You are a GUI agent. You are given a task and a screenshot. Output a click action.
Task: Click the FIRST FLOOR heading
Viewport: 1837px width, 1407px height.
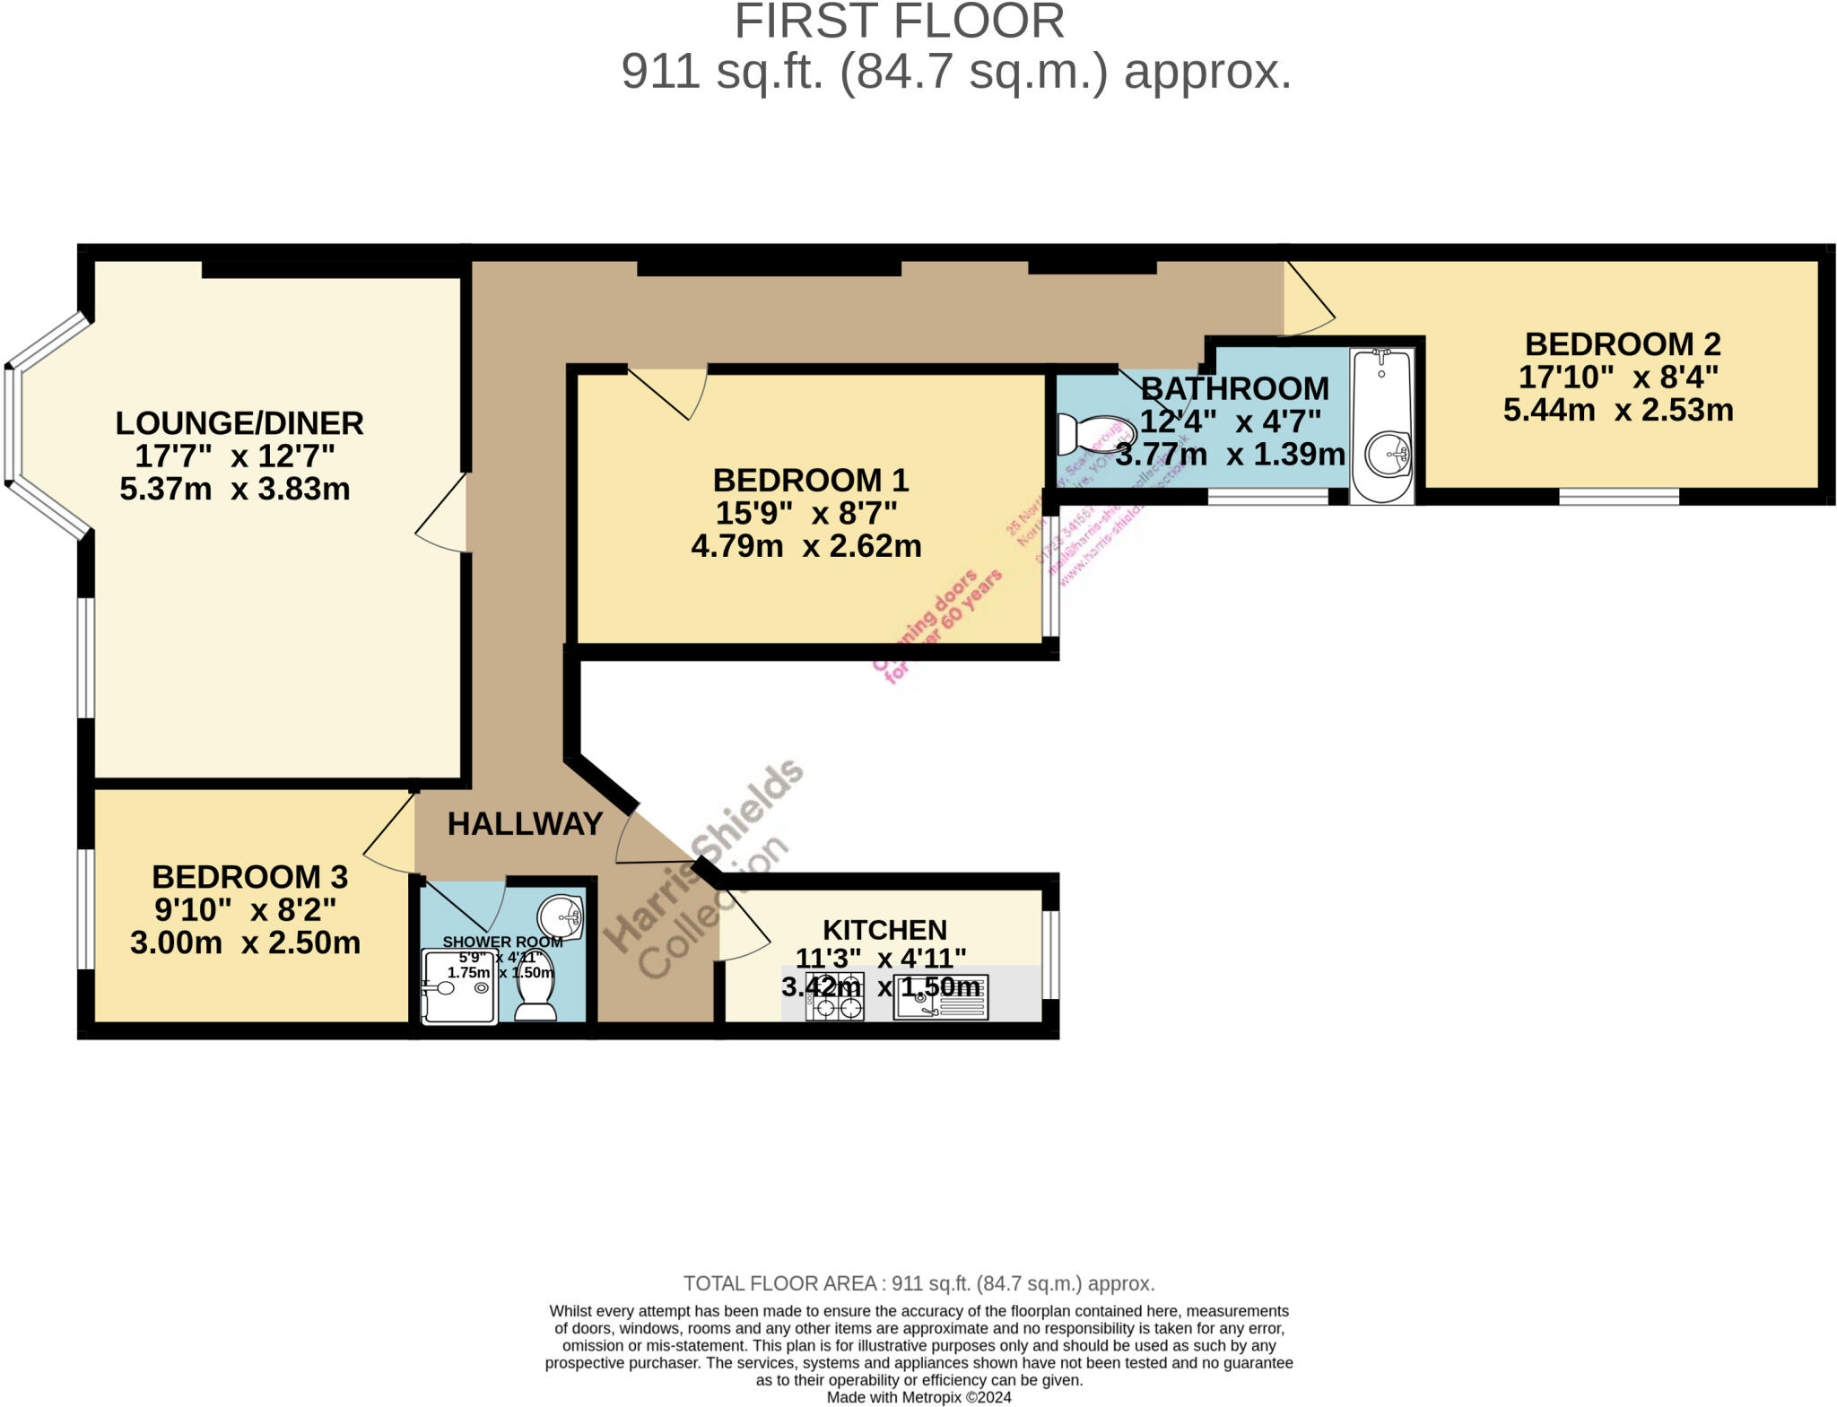pyautogui.click(x=899, y=22)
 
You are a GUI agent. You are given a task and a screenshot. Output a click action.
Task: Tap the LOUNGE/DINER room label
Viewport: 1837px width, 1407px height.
pyautogui.click(x=239, y=423)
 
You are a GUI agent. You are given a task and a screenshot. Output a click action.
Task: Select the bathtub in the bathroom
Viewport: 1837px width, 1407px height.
pyautogui.click(x=1381, y=426)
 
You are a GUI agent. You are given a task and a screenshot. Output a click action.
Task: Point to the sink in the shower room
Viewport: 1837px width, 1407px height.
pyautogui.click(x=561, y=916)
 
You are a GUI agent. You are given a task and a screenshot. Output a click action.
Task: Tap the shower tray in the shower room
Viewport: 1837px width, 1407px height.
pyautogui.click(x=458, y=987)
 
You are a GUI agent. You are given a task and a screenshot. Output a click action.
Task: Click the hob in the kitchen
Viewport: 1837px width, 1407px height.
pyautogui.click(x=835, y=997)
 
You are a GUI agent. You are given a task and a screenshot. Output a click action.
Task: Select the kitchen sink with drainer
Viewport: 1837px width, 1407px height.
pyautogui.click(x=940, y=998)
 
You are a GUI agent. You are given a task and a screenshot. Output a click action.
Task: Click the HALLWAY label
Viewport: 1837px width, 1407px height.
pyautogui.click(x=525, y=824)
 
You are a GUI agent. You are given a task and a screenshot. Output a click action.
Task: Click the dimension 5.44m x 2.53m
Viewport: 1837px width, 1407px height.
pyautogui.click(x=1617, y=411)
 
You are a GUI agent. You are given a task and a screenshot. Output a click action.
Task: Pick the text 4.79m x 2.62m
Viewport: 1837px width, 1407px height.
pyautogui.click(x=805, y=546)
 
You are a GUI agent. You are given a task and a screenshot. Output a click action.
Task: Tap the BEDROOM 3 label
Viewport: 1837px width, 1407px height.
pyautogui.click(x=249, y=877)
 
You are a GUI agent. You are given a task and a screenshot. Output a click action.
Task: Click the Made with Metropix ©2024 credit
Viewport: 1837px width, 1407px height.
pyautogui.click(x=918, y=1397)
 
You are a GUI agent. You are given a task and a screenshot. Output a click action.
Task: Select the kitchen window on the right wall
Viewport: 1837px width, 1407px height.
pyautogui.click(x=1049, y=954)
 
